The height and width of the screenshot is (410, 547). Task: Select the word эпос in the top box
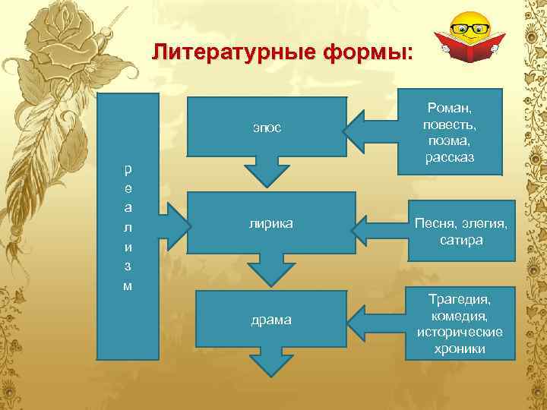267,127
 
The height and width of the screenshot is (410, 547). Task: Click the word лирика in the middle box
271,223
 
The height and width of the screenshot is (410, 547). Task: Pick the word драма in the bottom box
271,320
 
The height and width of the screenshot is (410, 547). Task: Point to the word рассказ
451,158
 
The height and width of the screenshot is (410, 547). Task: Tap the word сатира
460,240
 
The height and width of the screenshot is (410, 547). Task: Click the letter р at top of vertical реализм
128,168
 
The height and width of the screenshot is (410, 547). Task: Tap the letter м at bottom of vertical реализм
128,285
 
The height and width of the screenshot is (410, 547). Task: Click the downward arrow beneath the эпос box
266,172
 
